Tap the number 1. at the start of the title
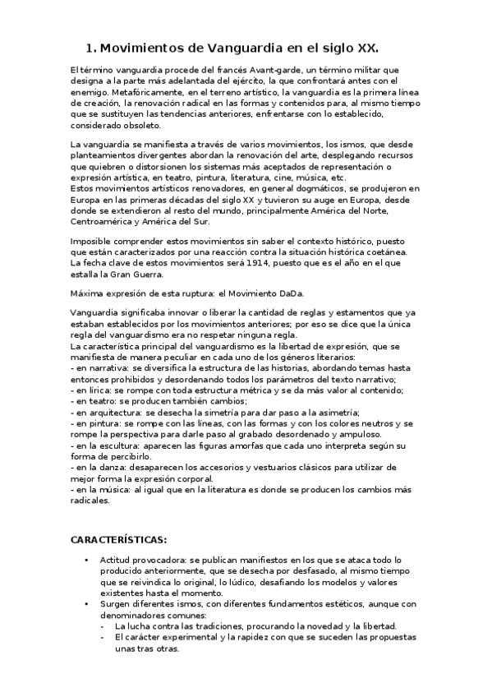(92, 48)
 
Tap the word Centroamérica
(103, 219)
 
